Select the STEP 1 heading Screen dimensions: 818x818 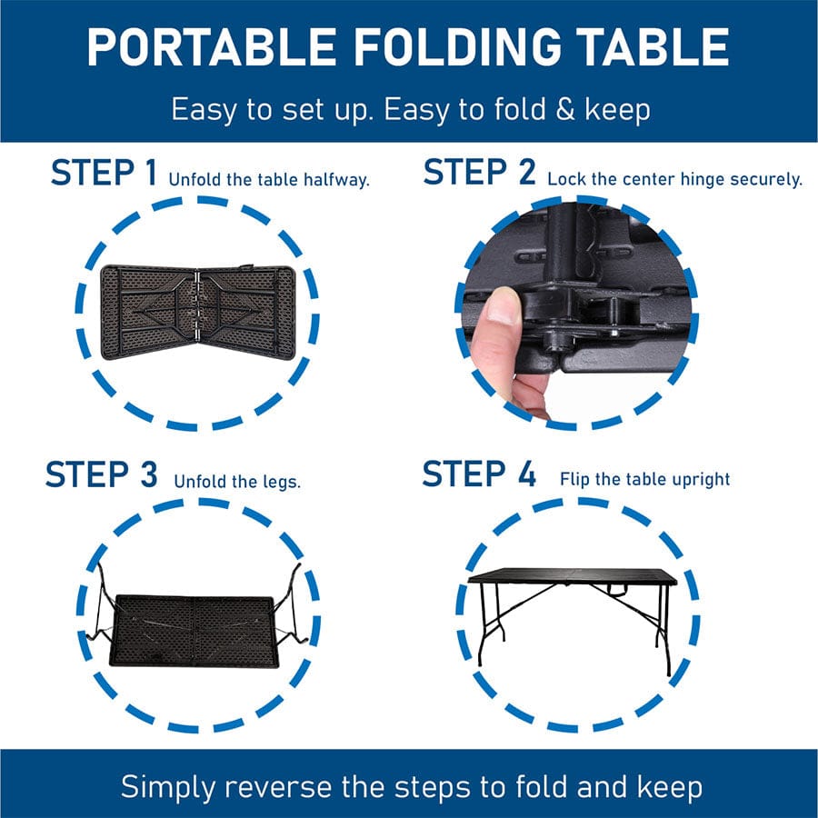pos(104,173)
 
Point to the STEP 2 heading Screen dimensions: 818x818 pos(479,173)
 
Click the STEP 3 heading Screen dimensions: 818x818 pos(101,474)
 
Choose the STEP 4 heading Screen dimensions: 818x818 pos(479,474)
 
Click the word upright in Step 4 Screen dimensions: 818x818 pos(700,479)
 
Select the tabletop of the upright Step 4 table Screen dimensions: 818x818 pos(573,576)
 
